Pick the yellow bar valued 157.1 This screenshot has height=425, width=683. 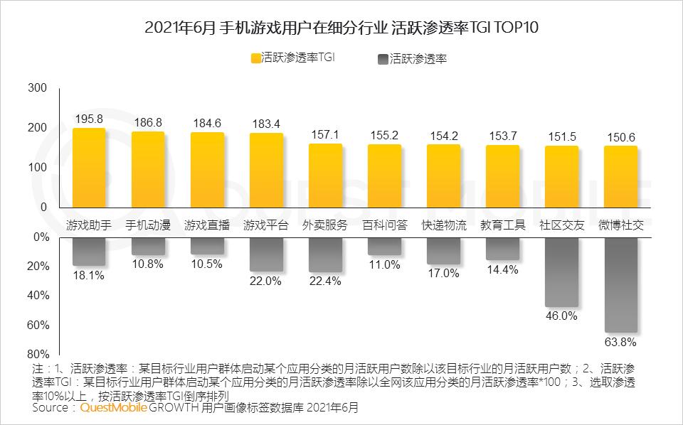coord(325,176)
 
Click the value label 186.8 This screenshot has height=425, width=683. coord(148,122)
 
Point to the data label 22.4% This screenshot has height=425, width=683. coord(325,281)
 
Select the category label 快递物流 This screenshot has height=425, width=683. coord(443,225)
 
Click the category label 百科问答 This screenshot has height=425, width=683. coord(384,225)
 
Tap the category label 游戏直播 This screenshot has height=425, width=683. coord(207,225)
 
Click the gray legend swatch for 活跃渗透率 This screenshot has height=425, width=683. coord(383,60)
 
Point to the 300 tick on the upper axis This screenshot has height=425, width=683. coord(38,88)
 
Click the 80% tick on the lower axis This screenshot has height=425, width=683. coord(38,355)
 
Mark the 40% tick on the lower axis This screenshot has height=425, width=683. coord(38,296)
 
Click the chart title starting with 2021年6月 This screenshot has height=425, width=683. coord(341,28)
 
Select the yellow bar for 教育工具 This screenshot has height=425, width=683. coord(502,176)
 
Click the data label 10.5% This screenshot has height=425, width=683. coord(207,264)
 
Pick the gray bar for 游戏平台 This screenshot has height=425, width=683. coord(266,254)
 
